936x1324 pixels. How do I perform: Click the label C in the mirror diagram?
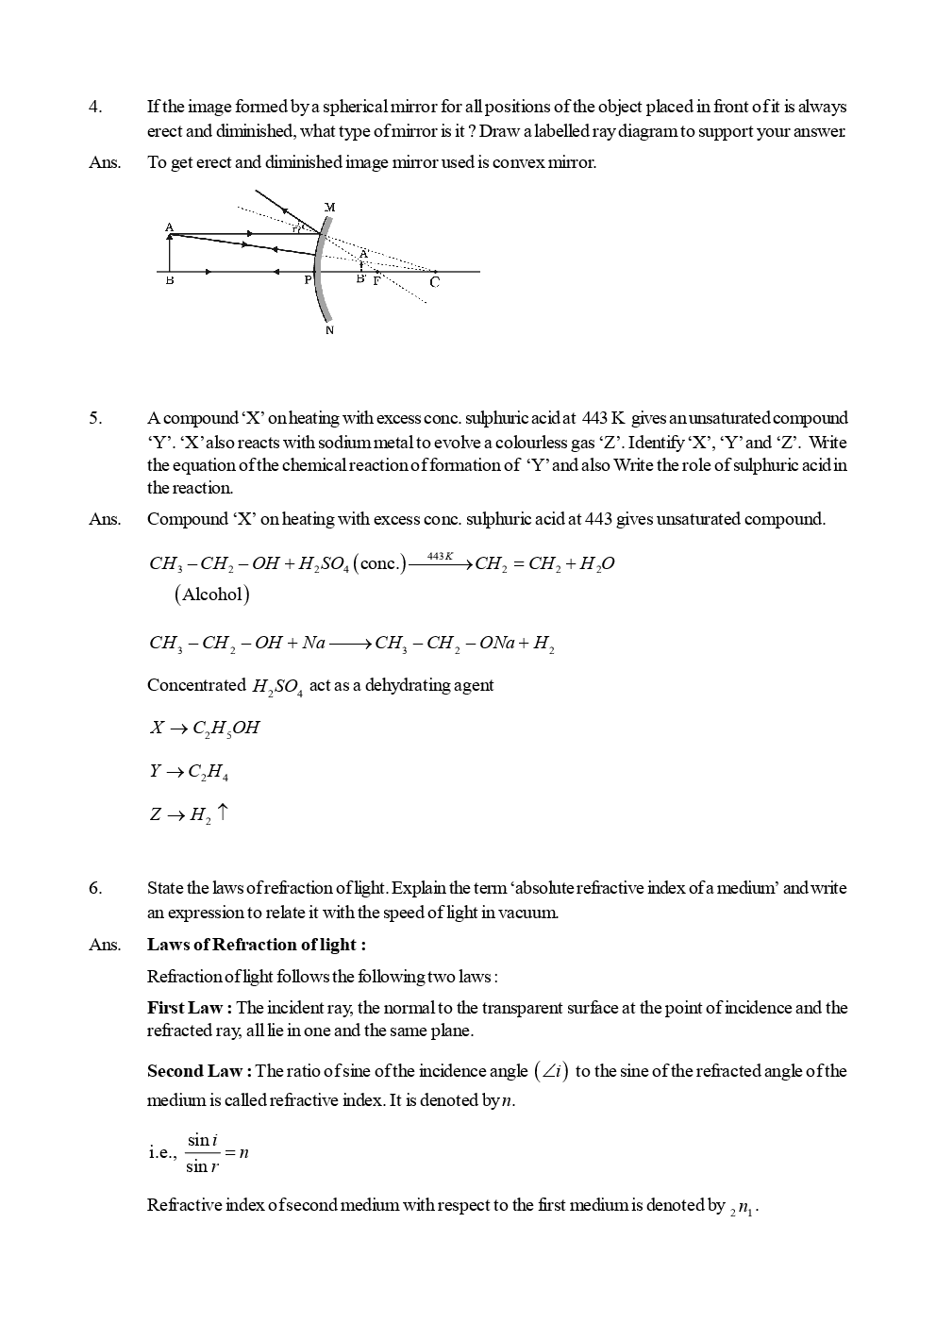pyautogui.click(x=434, y=282)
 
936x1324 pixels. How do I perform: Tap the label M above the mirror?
pyautogui.click(x=329, y=207)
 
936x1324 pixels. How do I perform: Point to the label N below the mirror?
pyautogui.click(x=329, y=330)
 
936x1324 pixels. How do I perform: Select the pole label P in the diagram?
pyautogui.click(x=308, y=281)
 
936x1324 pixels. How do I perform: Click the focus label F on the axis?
pyautogui.click(x=376, y=281)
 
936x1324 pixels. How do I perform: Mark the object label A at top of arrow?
pyautogui.click(x=169, y=227)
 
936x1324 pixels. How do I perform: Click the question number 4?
pyautogui.click(x=95, y=108)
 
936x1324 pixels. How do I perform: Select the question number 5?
pyautogui.click(x=95, y=418)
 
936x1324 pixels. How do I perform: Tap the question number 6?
pyautogui.click(x=95, y=888)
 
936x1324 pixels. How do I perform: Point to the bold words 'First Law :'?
pyautogui.click(x=190, y=1008)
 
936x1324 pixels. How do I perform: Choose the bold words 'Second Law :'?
pyautogui.click(x=199, y=1071)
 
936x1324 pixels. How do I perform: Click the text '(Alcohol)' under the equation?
pyautogui.click(x=211, y=595)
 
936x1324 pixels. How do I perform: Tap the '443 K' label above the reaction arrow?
pyautogui.click(x=441, y=556)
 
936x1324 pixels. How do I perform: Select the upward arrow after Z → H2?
pyautogui.click(x=222, y=812)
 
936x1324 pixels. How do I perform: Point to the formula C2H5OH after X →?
pyautogui.click(x=226, y=729)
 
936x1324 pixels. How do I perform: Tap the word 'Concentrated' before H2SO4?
pyautogui.click(x=196, y=685)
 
